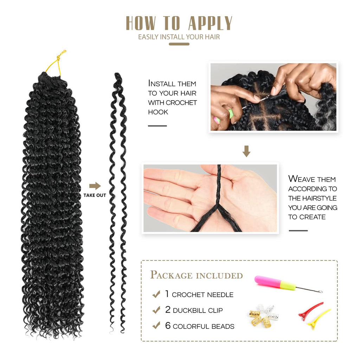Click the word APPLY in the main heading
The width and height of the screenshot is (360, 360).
pos(210,23)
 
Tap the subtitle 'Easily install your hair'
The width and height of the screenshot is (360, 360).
pos(179,37)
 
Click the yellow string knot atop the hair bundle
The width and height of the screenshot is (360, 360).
pos(60,55)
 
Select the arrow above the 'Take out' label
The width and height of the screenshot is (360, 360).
pos(95,186)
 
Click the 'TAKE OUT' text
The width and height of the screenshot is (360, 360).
pos(95,195)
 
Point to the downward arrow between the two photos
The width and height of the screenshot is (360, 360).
pos(246,151)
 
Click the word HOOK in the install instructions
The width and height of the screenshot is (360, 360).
pos(158,112)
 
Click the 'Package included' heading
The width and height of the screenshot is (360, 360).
pos(196,275)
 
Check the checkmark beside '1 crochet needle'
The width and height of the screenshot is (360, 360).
pos(156,294)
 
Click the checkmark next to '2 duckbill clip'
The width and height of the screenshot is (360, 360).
pos(156,310)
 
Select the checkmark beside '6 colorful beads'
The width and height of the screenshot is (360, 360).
pos(156,325)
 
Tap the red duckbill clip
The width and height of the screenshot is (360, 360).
pos(310,311)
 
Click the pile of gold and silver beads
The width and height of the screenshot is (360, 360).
pos(264,315)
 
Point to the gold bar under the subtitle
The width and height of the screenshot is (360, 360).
pos(179,44)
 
